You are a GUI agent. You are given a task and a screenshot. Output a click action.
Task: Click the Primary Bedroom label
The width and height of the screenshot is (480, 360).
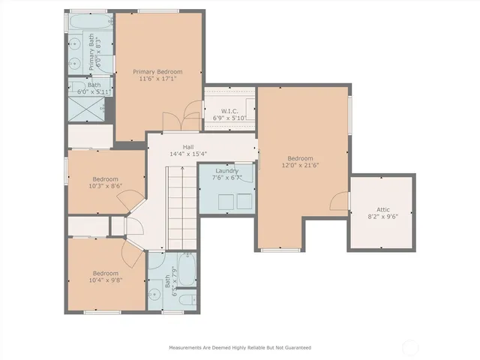click(157, 72)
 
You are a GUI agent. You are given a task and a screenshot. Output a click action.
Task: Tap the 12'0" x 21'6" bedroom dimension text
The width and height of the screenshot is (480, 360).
click(300, 166)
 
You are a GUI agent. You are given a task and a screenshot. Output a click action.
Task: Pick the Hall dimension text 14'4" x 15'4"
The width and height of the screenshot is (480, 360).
click(189, 154)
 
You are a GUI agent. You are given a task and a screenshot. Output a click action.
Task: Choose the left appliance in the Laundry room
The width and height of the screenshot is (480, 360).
click(222, 201)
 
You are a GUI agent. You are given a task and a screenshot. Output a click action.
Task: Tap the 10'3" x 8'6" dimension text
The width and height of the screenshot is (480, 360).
click(106, 187)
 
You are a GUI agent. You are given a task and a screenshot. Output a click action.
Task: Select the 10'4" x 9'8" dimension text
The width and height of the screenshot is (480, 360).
click(106, 280)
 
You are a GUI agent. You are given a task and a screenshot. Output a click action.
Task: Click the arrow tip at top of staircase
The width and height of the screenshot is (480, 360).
click(182, 170)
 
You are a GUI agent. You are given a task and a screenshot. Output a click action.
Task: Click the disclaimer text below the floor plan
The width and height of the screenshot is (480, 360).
click(239, 347)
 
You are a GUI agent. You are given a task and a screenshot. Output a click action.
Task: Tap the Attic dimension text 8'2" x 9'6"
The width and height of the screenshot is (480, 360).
click(382, 217)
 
